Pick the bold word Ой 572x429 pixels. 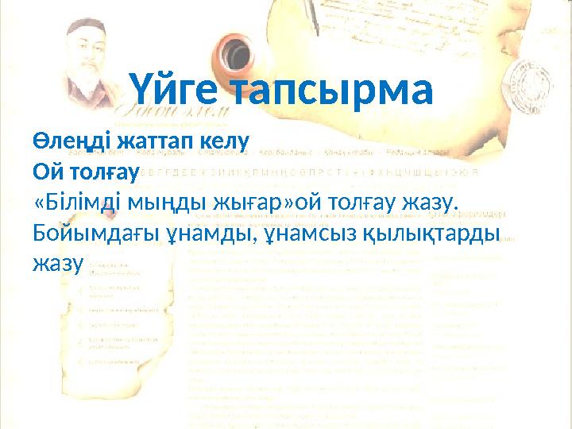point(45,171)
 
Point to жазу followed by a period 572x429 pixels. point(430,202)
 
